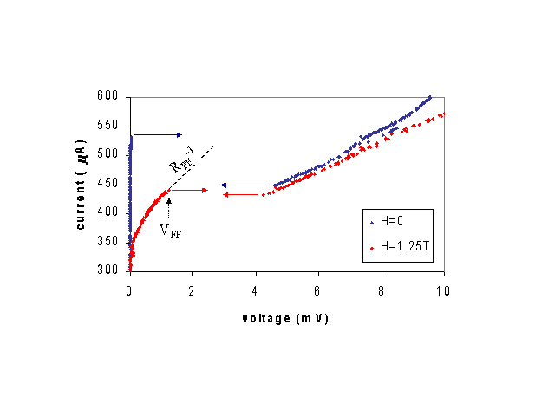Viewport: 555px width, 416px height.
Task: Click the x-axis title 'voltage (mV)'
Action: tap(285, 318)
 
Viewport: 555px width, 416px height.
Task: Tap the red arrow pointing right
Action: tap(189, 190)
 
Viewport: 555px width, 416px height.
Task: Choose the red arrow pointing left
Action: tap(244, 195)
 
